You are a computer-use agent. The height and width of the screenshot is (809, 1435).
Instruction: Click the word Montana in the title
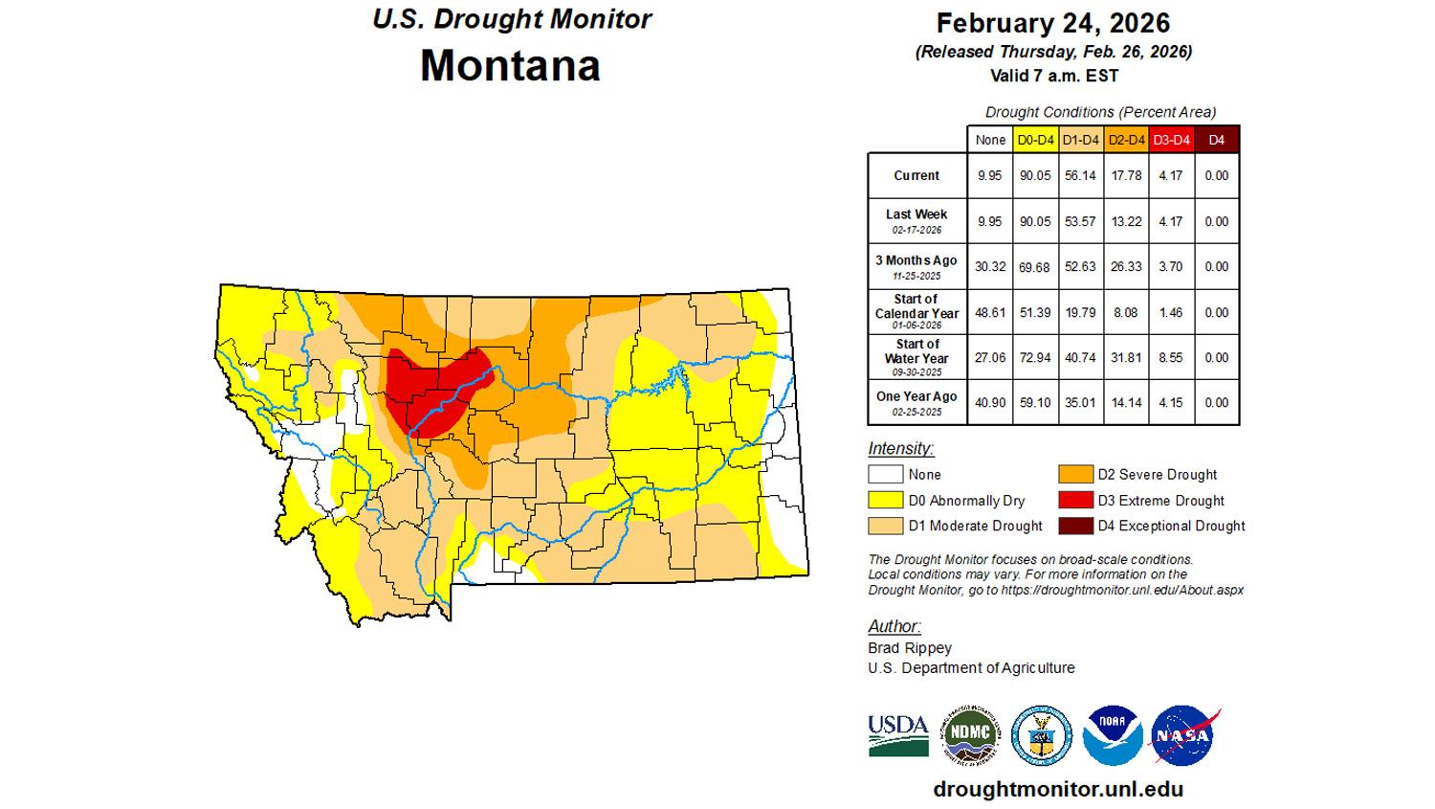(510, 65)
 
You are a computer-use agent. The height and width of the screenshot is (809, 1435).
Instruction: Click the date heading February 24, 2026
(1052, 23)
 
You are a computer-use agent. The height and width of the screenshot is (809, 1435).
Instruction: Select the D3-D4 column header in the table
(1171, 140)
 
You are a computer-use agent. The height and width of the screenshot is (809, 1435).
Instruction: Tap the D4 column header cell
(1216, 140)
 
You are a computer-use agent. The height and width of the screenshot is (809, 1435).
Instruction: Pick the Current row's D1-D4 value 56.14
(1081, 176)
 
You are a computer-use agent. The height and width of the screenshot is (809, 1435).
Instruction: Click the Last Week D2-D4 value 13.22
(1126, 221)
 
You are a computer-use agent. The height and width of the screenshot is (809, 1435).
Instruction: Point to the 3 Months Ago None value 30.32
(990, 267)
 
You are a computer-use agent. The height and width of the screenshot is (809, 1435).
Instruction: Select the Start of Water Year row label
(916, 357)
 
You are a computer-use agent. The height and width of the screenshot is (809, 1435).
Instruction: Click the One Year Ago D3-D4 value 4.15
(1171, 403)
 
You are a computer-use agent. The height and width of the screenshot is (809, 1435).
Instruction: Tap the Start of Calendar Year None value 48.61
(990, 312)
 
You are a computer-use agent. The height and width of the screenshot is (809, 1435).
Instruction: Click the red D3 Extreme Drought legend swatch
(1075, 500)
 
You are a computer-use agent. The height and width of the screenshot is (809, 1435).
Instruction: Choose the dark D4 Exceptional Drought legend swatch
(1075, 526)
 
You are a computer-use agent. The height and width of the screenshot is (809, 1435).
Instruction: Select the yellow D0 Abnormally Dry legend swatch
(885, 500)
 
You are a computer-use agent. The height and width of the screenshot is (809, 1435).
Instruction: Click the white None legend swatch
(885, 474)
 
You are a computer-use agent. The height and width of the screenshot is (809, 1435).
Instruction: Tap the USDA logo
(898, 734)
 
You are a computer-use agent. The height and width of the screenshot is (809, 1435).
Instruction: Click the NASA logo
(1184, 736)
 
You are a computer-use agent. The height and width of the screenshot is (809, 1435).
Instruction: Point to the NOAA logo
(1113, 736)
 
